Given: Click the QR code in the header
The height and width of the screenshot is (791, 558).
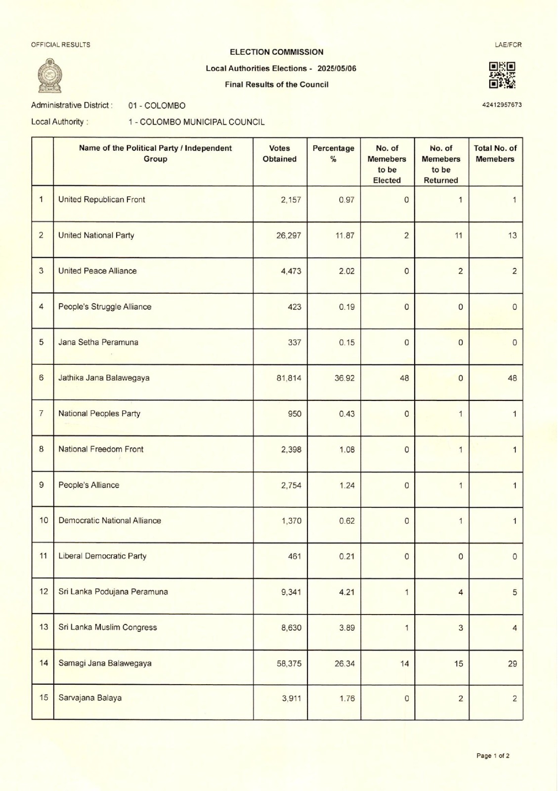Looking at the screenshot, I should coord(502,75).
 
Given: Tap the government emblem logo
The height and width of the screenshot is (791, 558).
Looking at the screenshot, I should coord(50,76).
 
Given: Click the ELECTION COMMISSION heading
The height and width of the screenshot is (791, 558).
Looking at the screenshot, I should coord(277,52).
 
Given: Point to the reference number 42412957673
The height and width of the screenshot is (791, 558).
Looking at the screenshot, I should coord(502,105).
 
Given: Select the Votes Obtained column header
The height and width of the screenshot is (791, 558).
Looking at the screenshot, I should coord(280,154).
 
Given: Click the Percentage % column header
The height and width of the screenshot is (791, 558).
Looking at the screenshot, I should coord(334,154).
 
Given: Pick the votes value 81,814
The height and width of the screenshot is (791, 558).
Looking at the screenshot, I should coord(289,378).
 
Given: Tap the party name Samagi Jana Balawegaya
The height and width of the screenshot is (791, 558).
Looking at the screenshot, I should coord(105,663).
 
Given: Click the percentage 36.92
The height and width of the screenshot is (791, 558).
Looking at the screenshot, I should coord(344,378).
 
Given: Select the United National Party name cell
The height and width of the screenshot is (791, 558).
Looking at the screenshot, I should coord(96,235).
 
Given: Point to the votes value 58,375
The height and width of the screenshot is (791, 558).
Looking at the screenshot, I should coord(289,663).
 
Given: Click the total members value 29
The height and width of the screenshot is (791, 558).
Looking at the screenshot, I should coord(512,663).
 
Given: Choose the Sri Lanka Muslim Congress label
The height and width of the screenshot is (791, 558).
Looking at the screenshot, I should coord(107,627).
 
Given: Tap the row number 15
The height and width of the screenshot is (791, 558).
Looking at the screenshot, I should coord(43,698).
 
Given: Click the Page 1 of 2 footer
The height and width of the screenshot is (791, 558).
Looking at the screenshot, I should coord(493,755).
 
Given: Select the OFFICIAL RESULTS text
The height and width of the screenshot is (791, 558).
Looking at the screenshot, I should coord(61,44).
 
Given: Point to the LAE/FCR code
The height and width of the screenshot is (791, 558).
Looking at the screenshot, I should coord(508,44).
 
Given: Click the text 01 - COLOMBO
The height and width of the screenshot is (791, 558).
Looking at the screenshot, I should coord(157,105).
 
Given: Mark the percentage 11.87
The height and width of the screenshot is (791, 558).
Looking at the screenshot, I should coord(344,235).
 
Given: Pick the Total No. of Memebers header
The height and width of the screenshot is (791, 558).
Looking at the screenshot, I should coord(495,154).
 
